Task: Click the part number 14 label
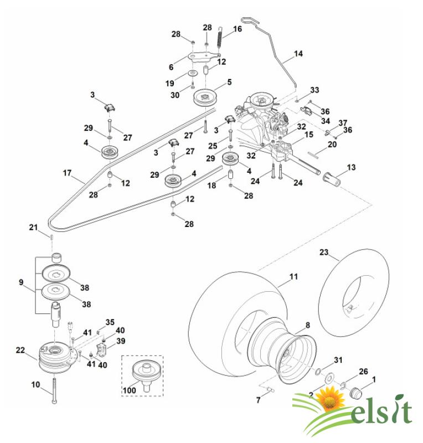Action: point(298,54)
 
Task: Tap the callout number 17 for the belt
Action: point(67,173)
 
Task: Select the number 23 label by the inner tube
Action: point(324,253)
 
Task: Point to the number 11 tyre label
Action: point(293,275)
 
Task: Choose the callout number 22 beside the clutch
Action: point(20,349)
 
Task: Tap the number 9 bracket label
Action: point(21,282)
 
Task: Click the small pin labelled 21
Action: point(51,236)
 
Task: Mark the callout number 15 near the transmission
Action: point(309,135)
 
